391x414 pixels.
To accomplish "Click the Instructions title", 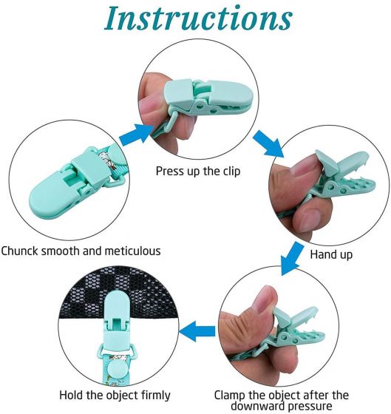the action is coord(198,18).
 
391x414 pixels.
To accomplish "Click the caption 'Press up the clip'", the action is coord(198,171).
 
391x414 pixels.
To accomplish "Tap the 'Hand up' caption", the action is coord(331,254).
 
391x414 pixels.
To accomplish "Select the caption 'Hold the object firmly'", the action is coord(115,396).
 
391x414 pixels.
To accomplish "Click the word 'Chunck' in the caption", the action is coord(19,251).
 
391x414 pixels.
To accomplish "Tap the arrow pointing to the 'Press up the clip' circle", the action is coord(136,133).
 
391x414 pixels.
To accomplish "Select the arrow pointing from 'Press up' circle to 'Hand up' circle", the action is coord(268,143).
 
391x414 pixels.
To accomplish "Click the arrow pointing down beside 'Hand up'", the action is coord(292,259).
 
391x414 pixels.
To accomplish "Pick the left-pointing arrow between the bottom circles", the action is coord(197,331).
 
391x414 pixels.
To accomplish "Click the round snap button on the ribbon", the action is coord(117,370).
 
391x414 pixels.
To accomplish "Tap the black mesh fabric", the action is coord(119,293).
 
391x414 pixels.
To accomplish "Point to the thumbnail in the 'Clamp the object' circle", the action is coord(264,299).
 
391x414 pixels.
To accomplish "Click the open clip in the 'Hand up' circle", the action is coord(341,177).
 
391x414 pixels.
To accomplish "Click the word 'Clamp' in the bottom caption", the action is coord(229,396).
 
